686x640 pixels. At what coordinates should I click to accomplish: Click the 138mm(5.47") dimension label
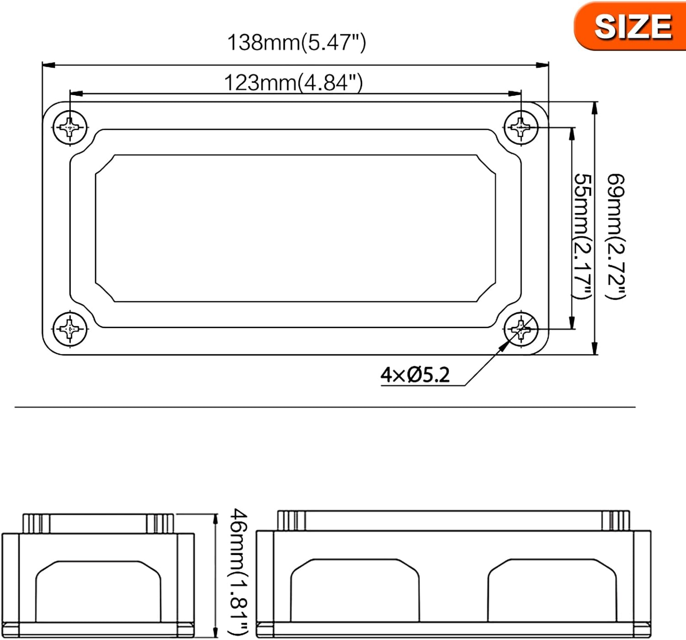296,43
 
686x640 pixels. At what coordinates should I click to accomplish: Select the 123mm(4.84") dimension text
293,83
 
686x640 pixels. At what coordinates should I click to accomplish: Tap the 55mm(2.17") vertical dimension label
583,236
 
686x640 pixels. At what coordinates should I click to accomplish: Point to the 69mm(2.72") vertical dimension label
616,236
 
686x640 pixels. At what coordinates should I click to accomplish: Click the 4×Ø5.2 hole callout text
415,375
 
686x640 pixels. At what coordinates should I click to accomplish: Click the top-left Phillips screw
70,127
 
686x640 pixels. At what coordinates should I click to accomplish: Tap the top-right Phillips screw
520,127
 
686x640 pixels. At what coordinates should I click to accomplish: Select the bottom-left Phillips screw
70,328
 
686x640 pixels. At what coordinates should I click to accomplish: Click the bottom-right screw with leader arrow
520,328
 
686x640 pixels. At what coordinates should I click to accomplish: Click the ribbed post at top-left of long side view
291,521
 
